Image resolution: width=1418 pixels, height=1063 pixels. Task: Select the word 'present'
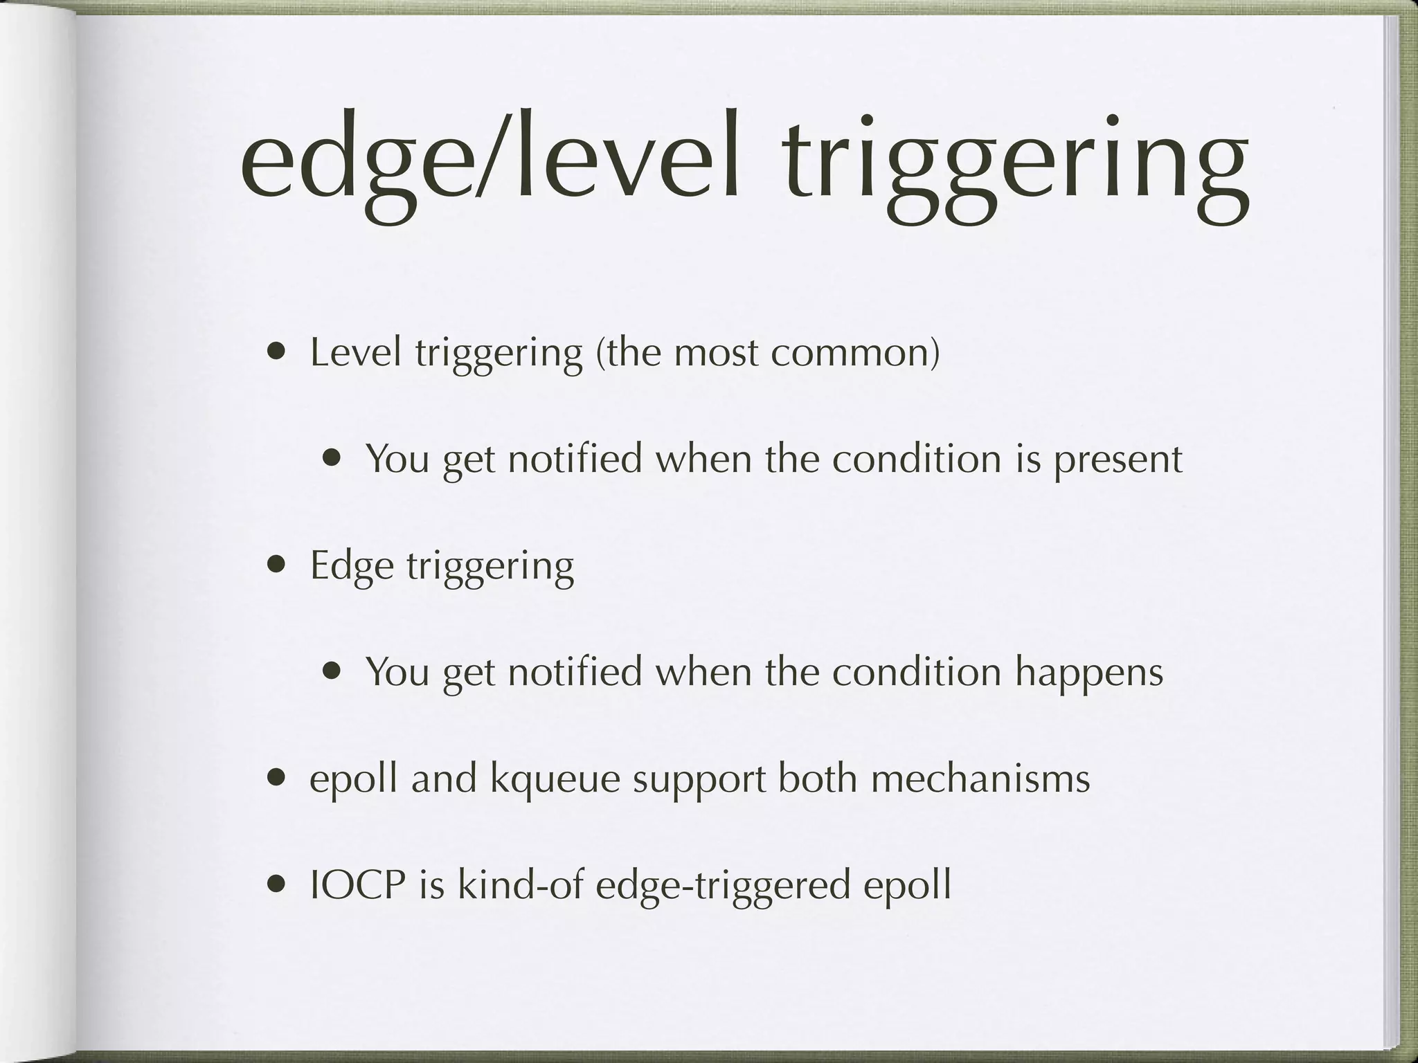click(x=1118, y=460)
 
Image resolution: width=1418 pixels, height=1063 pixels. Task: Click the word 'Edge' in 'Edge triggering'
click(x=350, y=566)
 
